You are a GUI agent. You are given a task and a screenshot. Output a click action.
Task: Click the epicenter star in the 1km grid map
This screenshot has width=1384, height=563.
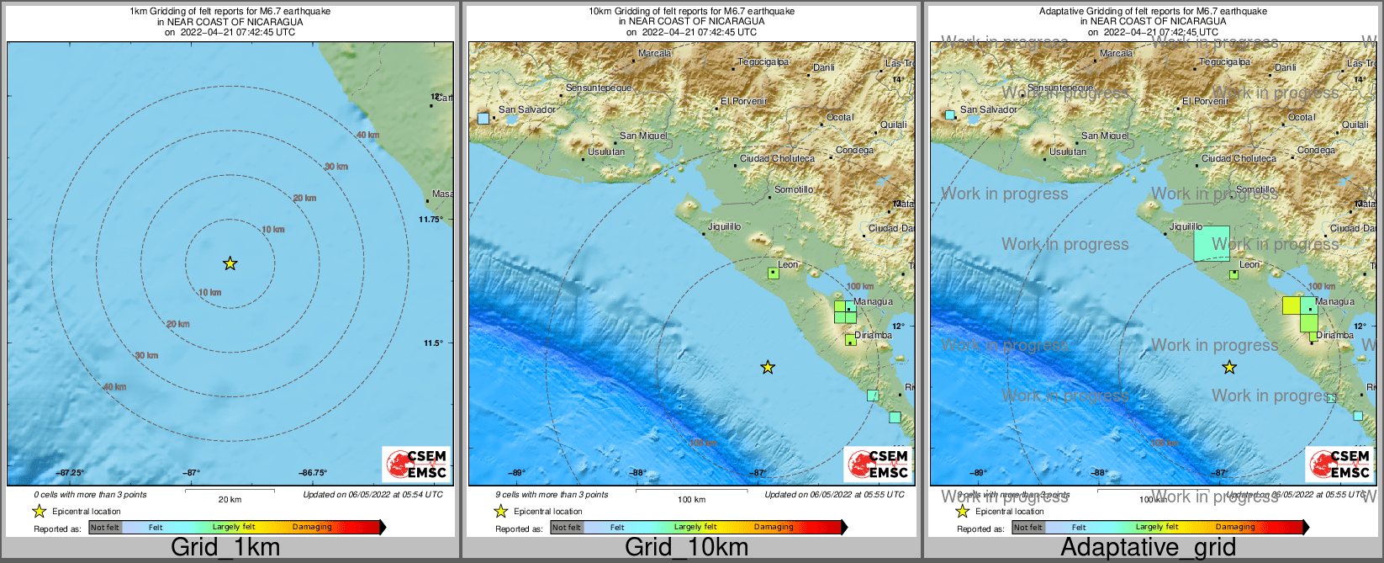(x=230, y=263)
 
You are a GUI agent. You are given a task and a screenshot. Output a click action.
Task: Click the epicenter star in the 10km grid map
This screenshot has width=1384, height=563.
(x=767, y=367)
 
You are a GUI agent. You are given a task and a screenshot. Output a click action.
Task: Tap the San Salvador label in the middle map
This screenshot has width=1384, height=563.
(x=526, y=109)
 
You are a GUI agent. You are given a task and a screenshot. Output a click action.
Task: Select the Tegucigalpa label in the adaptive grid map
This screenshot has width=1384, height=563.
(x=1224, y=61)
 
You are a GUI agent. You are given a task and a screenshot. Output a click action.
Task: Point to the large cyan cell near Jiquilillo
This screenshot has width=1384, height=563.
(x=1211, y=243)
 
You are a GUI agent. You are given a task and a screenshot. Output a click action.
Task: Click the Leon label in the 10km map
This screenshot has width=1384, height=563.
(x=788, y=264)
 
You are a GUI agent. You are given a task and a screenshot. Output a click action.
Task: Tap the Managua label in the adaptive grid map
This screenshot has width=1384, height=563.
(x=1334, y=301)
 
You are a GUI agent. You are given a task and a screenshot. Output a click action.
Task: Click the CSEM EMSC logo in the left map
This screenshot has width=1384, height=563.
(x=417, y=464)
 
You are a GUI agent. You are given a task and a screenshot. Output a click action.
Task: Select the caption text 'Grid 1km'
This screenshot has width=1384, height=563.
(x=225, y=547)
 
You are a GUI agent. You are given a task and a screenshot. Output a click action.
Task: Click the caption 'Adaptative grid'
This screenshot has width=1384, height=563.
(x=1148, y=547)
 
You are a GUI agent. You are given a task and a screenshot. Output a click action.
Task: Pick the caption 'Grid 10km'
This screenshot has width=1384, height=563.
(x=686, y=547)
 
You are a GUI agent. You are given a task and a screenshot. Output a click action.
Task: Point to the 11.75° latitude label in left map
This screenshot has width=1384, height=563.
(x=431, y=219)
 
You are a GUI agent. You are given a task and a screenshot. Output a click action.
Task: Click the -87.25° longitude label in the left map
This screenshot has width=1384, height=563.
(x=71, y=473)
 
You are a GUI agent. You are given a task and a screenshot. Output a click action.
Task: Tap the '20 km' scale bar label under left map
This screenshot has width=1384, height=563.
(x=230, y=499)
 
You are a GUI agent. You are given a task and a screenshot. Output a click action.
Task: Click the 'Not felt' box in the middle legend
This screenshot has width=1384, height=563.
(x=567, y=528)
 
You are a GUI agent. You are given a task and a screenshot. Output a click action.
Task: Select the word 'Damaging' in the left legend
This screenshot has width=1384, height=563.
(x=312, y=528)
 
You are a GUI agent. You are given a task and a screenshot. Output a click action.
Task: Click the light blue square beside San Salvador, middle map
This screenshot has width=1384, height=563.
(x=483, y=119)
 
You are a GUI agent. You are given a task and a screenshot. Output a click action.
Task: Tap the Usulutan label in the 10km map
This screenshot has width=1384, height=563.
(x=606, y=151)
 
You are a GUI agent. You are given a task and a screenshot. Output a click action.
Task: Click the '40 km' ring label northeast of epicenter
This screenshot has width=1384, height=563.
(x=367, y=135)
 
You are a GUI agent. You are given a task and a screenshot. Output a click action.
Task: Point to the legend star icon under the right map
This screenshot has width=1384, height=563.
(x=963, y=511)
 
